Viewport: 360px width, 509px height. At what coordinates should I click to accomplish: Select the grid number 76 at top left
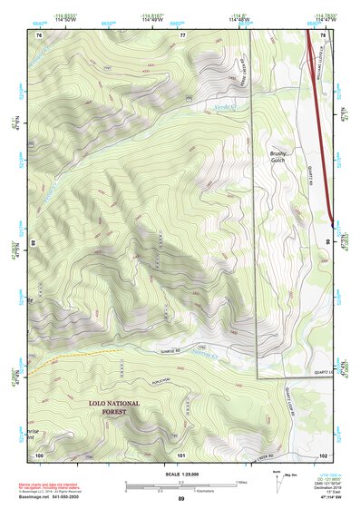tap(39, 34)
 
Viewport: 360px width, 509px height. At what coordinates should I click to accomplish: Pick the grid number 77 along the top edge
tap(182, 34)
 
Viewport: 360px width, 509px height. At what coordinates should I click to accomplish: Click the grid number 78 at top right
tap(324, 34)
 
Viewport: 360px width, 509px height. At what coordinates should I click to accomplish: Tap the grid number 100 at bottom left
tap(39, 454)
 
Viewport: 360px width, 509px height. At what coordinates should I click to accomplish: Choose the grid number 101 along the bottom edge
tap(181, 454)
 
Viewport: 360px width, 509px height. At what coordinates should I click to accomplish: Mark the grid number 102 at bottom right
tap(324, 454)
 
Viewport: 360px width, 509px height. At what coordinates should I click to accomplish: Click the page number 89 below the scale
tap(181, 498)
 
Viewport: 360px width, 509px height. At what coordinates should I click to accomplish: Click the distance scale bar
tap(181, 485)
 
